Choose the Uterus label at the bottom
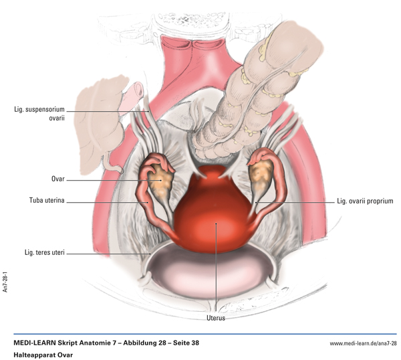pyautogui.click(x=215, y=318)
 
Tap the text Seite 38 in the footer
pyautogui.click(x=181, y=343)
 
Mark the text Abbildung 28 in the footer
pyautogui.click(x=132, y=343)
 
